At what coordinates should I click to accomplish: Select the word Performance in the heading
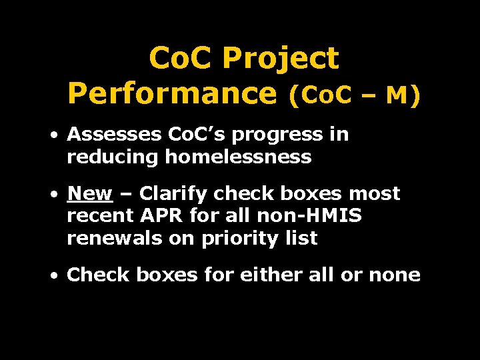[172, 94]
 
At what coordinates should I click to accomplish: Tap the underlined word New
[90, 194]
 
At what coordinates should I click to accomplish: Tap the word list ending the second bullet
[303, 239]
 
